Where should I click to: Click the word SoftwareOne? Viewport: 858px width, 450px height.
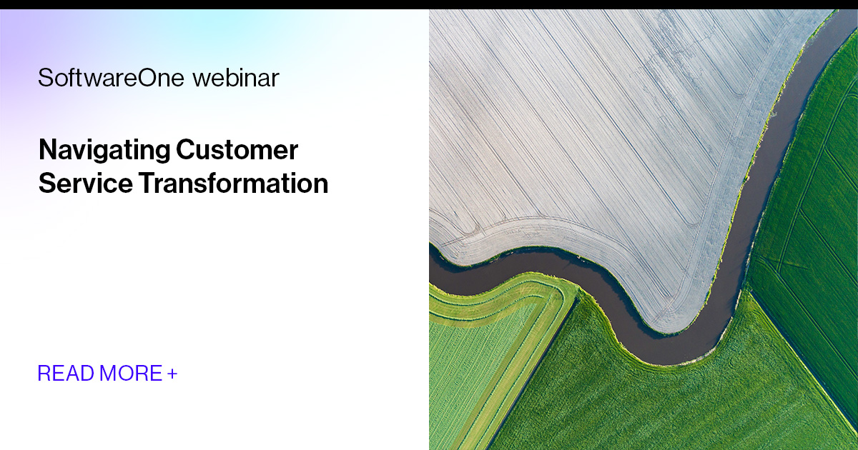[x=111, y=78]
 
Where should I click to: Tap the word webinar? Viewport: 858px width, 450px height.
[x=235, y=78]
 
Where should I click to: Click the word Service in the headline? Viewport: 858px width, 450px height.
[x=85, y=184]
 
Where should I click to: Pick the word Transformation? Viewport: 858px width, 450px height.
[x=233, y=184]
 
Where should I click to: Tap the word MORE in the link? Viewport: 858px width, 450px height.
[x=132, y=373]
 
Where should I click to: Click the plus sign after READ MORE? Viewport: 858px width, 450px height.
[x=172, y=373]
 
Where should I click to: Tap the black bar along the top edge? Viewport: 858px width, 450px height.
[x=429, y=4]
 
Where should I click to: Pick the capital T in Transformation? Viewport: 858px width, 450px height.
[x=145, y=184]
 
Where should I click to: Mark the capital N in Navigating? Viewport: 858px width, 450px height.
[x=46, y=151]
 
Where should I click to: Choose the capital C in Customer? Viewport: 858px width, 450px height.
[x=184, y=151]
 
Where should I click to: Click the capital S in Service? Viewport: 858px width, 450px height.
[x=46, y=184]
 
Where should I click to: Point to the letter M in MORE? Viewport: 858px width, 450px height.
[x=109, y=373]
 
